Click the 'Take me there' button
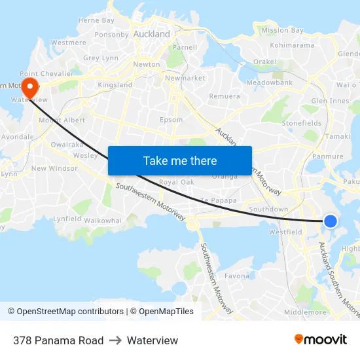[180, 160]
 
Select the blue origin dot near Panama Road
[331, 221]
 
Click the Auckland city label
[151, 34]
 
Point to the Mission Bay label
[282, 30]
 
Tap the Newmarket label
[185, 78]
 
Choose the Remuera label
[225, 96]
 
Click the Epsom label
[171, 120]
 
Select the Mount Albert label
[62, 120]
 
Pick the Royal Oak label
[177, 182]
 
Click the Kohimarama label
[292, 45]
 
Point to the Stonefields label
[301, 123]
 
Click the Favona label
[237, 276]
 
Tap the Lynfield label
[67, 219]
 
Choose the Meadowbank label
[270, 83]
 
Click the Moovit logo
[321, 340]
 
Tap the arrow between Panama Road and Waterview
[115, 340]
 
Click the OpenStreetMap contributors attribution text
[66, 312]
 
